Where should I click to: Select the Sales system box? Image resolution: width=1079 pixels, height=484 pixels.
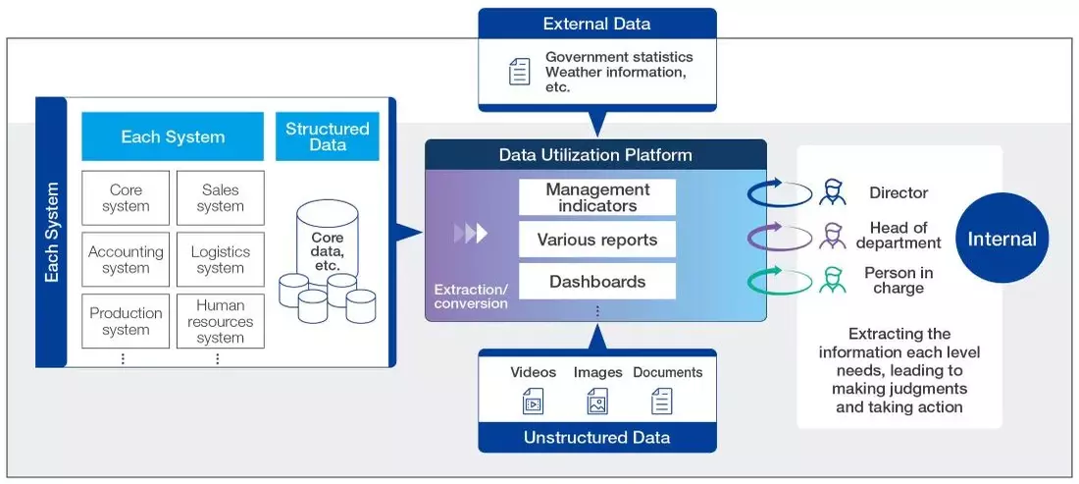[x=221, y=198]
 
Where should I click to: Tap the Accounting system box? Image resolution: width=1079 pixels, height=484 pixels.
[x=126, y=260]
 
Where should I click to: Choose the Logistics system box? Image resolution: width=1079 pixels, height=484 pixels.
[x=221, y=260]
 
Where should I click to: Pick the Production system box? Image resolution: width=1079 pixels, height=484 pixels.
[x=126, y=321]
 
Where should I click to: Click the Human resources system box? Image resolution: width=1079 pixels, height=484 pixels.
[x=221, y=321]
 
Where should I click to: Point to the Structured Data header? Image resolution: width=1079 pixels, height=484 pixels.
[x=328, y=136]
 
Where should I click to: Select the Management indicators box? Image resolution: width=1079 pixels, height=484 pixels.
[x=597, y=197]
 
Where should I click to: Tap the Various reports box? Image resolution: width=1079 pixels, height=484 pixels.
[x=597, y=240]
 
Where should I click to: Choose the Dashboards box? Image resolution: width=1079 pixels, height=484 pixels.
[x=597, y=282]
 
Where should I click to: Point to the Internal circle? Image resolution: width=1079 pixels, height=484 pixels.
[x=1002, y=240]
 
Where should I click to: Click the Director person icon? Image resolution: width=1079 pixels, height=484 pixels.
[x=834, y=191]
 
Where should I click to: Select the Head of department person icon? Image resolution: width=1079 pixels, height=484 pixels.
[x=834, y=236]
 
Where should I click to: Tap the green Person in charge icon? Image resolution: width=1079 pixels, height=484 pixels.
[x=834, y=281]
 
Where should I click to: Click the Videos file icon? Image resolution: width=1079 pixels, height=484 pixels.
[x=533, y=401]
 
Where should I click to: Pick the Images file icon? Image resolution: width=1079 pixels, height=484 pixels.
[x=597, y=401]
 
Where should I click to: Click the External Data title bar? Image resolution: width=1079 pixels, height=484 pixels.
[x=597, y=25]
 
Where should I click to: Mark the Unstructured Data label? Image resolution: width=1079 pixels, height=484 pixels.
[x=597, y=437]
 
